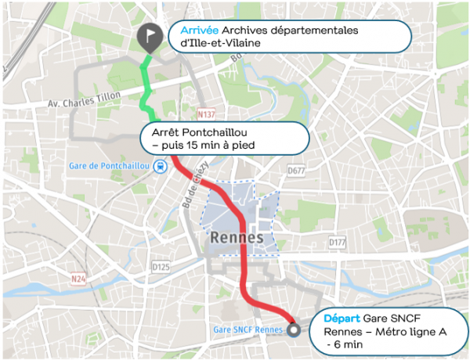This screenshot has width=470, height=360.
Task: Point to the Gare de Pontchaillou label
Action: pyautogui.click(x=109, y=166)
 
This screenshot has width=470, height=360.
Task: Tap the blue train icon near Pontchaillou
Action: pyautogui.click(x=160, y=166)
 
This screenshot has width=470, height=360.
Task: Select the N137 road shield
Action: pyautogui.click(x=206, y=113)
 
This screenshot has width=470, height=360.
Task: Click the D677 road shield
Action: pyautogui.click(x=296, y=171)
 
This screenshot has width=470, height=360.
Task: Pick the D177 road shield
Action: pyautogui.click(x=337, y=243)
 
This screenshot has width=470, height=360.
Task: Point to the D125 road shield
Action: pyautogui.click(x=160, y=268)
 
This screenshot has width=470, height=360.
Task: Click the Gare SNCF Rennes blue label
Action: pyautogui.click(x=247, y=329)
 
